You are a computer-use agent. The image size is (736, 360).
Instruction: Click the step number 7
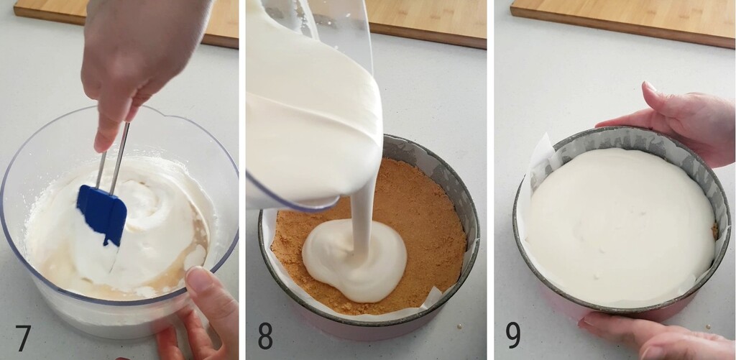[x=23, y=337]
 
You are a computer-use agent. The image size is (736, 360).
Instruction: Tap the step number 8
[x=265, y=336]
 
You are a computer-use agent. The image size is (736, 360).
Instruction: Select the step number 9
[x=513, y=336]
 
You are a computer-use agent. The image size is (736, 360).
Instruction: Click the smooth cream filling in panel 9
[x=618, y=223]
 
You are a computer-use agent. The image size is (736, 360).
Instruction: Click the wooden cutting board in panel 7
[x=50, y=10]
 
